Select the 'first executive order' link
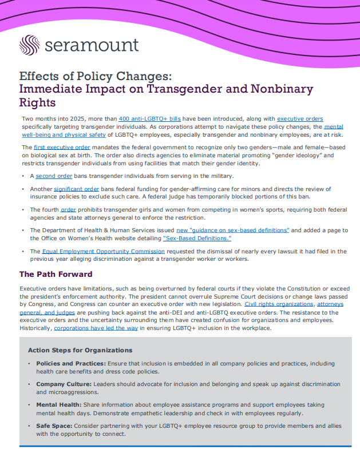click(66, 147)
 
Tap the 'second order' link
click(54, 176)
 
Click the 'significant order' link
click(77, 189)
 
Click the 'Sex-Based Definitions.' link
click(197, 237)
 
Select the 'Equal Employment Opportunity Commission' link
click(103, 251)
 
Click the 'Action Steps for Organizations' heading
click(80, 350)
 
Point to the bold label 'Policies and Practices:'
click(70, 363)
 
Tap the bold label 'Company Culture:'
click(62, 384)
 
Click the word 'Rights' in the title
click(37, 102)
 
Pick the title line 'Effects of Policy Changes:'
click(96, 76)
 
